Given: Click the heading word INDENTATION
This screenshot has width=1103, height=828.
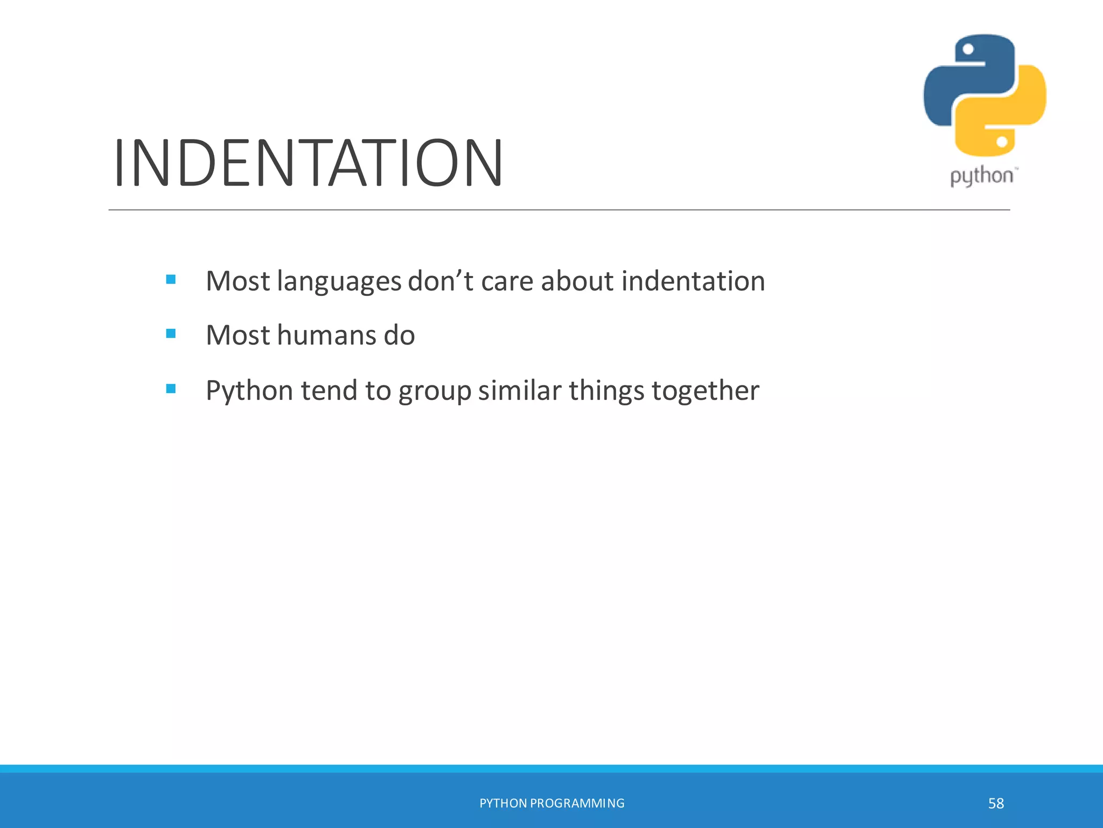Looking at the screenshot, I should (x=308, y=163).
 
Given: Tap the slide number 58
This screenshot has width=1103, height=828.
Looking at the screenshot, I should (x=996, y=804).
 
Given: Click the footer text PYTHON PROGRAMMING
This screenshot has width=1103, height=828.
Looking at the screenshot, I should (x=551, y=803).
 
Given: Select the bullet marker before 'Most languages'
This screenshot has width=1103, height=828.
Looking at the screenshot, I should (x=171, y=279).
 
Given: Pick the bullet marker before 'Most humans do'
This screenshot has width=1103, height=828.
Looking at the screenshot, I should (x=171, y=334).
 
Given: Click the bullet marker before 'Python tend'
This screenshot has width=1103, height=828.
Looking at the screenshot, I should (x=171, y=389).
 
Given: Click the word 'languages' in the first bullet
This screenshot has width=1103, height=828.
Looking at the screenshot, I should (x=339, y=282).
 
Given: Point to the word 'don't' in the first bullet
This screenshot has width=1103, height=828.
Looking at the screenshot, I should (x=440, y=281).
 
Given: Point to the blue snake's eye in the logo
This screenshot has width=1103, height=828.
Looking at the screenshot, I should (x=968, y=50).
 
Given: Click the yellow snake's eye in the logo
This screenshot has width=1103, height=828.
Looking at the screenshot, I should (x=1002, y=142).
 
